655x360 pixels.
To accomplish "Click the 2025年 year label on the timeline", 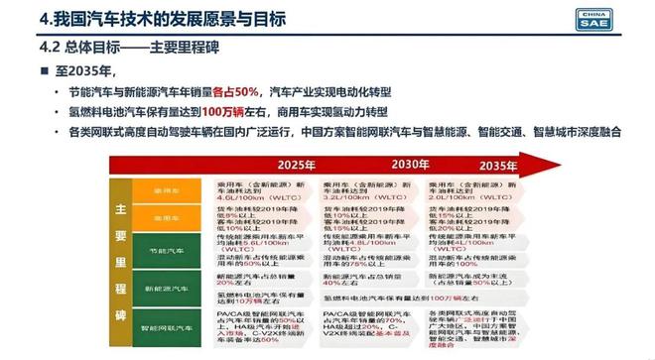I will [295, 164].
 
